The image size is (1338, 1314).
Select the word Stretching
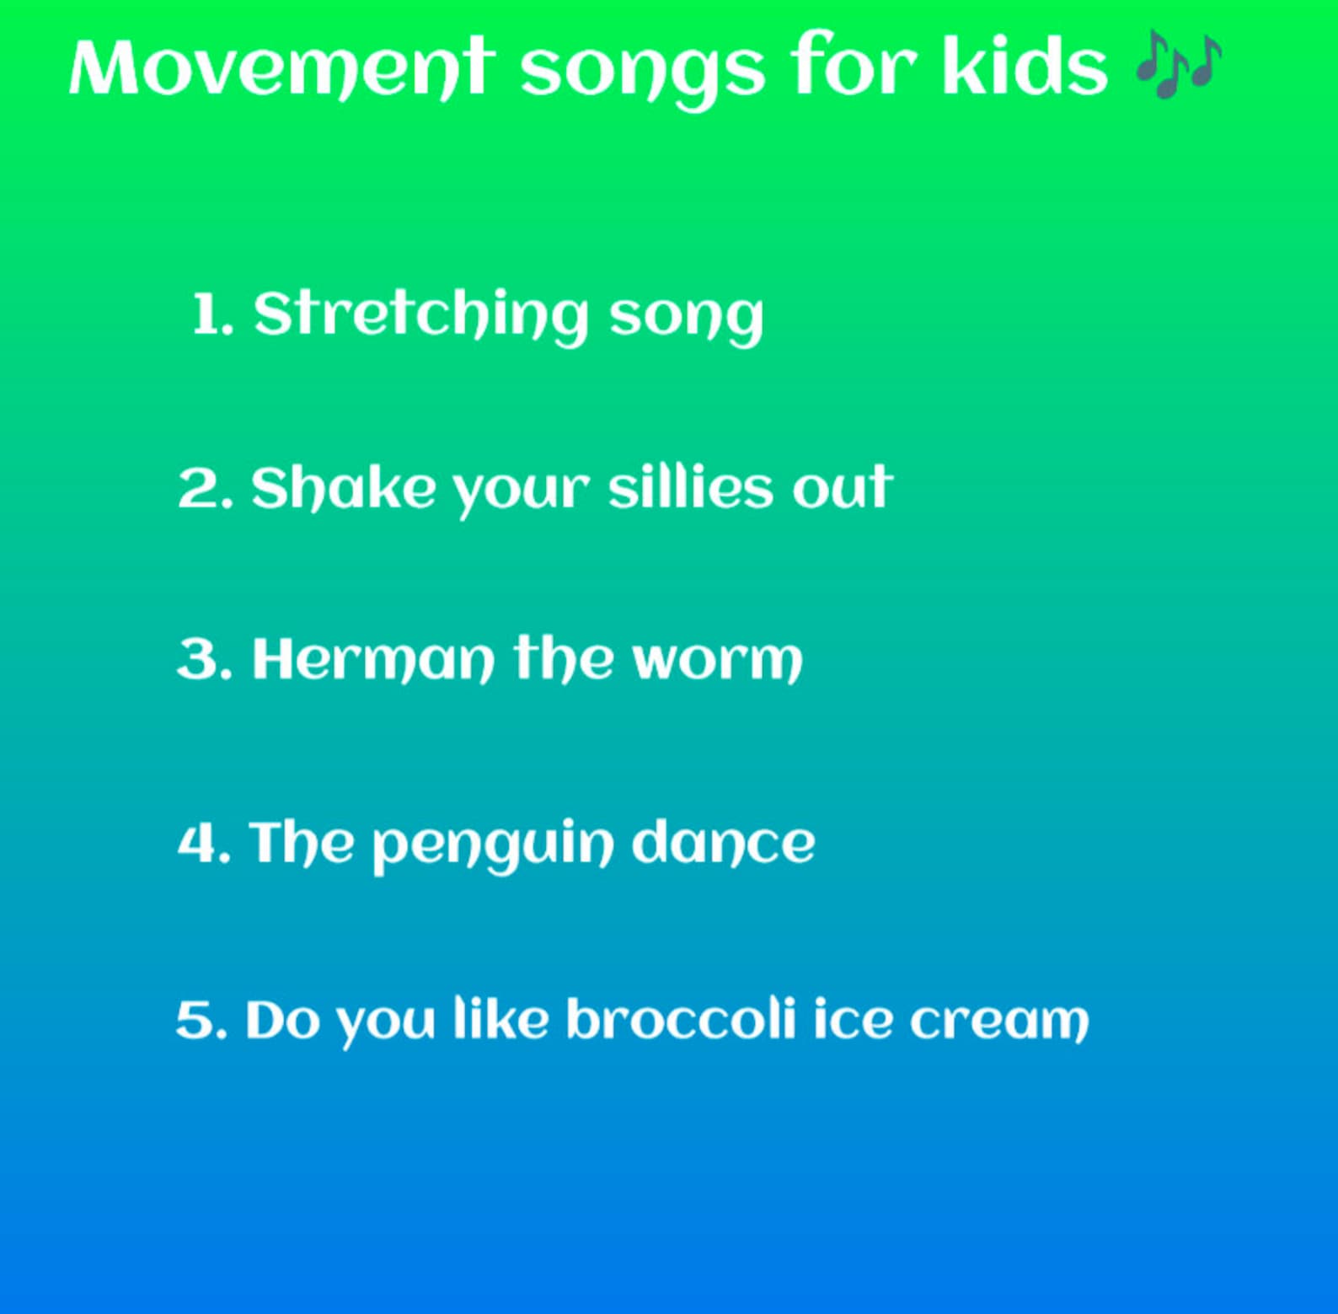[420, 315]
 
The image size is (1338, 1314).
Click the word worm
[717, 660]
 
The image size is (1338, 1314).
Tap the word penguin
[493, 844]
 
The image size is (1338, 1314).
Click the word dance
[723, 842]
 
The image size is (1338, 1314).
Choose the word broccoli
[680, 1020]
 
